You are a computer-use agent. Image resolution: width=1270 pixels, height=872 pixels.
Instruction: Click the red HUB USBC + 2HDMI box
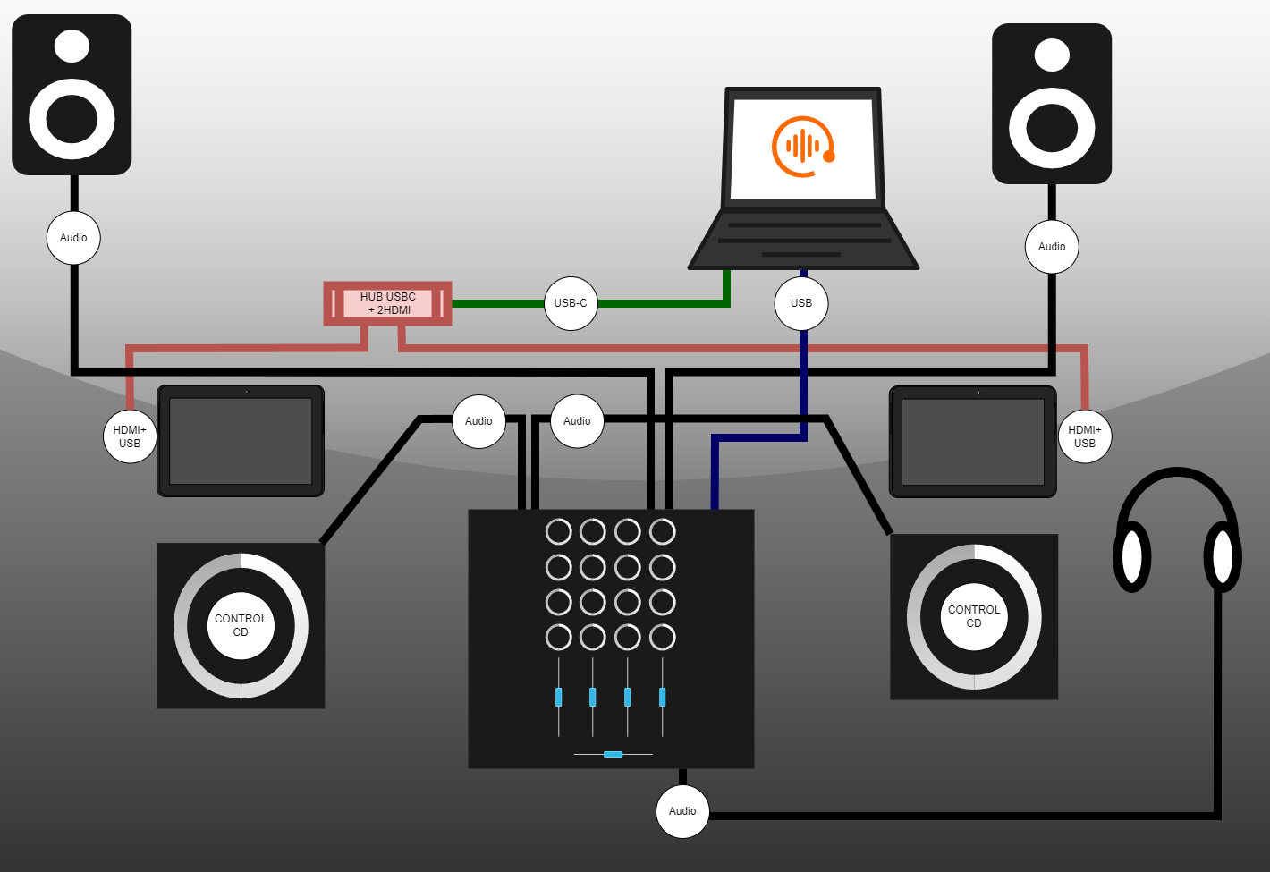[387, 303]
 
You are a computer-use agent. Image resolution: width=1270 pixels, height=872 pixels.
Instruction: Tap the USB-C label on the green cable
[571, 303]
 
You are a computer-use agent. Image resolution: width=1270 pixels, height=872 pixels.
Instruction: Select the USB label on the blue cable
[801, 303]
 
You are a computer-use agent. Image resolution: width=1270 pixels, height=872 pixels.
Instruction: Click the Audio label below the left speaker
[73, 238]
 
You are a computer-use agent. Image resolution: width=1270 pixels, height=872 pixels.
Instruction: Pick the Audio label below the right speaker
[1052, 247]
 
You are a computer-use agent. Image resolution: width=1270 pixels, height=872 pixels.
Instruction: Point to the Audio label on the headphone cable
[682, 811]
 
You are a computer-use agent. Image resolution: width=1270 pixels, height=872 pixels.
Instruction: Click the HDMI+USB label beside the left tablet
[130, 436]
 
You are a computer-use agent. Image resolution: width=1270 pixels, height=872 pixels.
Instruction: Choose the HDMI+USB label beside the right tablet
[1085, 436]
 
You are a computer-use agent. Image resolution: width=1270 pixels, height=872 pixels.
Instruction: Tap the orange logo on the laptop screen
[802, 147]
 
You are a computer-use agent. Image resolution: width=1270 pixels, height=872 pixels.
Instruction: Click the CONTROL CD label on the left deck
[241, 625]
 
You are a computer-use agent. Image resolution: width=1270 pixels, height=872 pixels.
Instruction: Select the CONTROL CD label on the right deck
[974, 616]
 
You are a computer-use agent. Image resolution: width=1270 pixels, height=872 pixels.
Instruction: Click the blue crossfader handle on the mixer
[613, 755]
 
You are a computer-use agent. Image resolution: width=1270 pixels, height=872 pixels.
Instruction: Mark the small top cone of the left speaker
[72, 47]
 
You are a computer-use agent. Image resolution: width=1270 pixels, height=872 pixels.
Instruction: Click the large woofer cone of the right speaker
[1052, 128]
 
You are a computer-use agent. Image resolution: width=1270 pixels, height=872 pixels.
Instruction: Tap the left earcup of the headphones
[1132, 556]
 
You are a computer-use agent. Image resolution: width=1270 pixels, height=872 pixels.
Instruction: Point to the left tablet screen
[241, 441]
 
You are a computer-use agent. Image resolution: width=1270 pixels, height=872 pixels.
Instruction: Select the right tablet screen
[973, 442]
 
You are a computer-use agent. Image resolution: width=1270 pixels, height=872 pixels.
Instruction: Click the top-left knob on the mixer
[559, 532]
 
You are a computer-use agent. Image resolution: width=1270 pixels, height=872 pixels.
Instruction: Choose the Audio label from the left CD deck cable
[478, 421]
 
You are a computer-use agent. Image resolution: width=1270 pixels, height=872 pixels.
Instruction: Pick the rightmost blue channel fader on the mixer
[662, 697]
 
